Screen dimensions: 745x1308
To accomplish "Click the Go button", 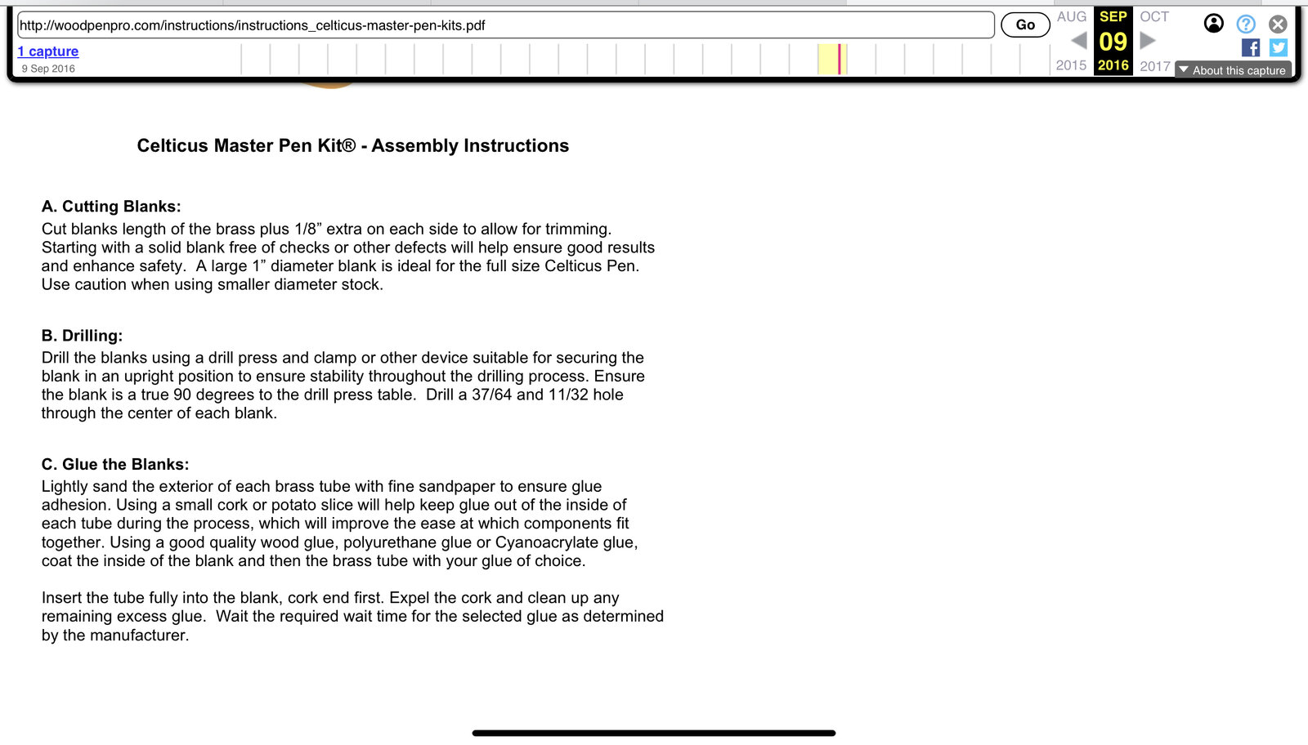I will click(1025, 25).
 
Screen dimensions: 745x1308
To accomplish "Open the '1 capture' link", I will click(48, 51).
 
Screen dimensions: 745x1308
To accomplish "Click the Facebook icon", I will click(1250, 48).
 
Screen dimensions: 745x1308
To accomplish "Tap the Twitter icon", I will click(1279, 48).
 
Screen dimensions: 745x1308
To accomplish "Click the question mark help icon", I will click(1245, 25).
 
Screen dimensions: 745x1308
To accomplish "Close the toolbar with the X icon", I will click(1278, 25).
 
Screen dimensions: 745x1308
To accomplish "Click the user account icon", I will click(1214, 24).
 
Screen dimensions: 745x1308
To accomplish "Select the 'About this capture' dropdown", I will click(1233, 70).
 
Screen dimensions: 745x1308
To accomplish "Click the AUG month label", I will click(1071, 16).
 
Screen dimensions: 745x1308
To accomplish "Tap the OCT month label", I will click(1154, 16).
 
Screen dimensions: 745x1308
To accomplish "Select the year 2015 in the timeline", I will click(1071, 65).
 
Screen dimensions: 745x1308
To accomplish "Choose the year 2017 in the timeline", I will click(1155, 65).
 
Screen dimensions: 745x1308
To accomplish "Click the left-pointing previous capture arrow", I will click(1079, 40).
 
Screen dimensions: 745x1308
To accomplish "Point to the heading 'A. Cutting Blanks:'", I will click(111, 207).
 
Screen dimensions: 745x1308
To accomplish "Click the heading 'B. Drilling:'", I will click(82, 336).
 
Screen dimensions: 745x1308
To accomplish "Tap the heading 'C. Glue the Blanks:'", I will click(115, 465).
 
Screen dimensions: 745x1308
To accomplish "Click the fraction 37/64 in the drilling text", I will click(491, 395).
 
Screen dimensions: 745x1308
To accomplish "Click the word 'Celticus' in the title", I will click(172, 146).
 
